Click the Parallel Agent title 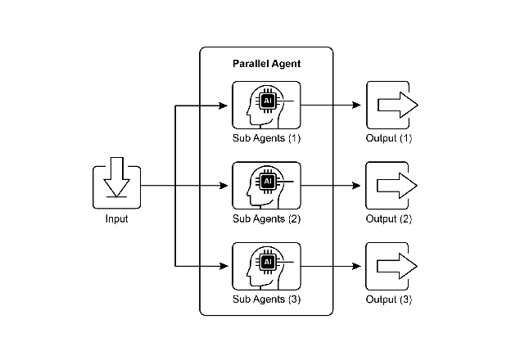266,63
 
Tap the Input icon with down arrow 116,187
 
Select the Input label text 116,218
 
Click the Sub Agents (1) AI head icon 266,106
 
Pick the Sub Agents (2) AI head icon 266,186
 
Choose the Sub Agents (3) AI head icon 266,266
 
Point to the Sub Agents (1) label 266,138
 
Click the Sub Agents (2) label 266,218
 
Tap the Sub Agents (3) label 266,299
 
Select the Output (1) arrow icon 391,106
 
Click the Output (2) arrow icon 391,186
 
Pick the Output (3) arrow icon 391,266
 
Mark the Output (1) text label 389,138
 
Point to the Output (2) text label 389,218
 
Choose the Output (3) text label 389,299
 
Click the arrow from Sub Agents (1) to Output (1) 331,106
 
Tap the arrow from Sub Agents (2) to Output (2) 331,186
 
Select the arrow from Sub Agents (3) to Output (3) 331,266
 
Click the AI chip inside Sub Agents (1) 267,101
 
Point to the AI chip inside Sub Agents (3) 267,262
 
